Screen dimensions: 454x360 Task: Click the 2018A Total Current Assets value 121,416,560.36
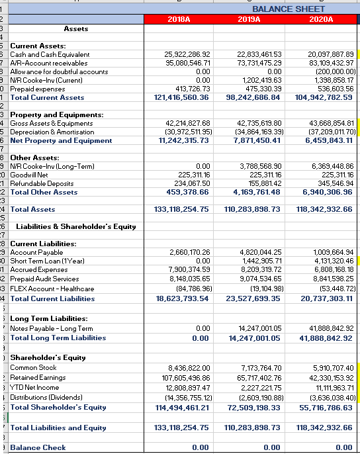pos(181,97)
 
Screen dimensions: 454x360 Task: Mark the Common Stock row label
pos(33,367)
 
